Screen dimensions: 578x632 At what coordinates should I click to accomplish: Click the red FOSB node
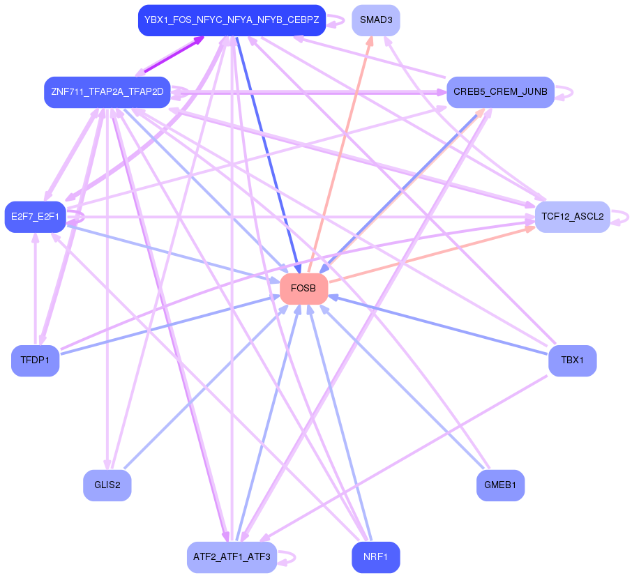point(303,288)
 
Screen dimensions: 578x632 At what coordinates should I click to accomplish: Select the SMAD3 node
point(376,20)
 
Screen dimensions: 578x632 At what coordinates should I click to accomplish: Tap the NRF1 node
point(376,557)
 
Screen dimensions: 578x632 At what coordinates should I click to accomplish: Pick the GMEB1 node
point(500,485)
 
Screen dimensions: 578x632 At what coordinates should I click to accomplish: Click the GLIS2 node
point(107,485)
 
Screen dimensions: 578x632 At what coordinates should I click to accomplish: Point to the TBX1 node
point(573,360)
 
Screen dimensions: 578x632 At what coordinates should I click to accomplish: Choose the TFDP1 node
point(35,360)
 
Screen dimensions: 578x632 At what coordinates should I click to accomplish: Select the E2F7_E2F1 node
point(35,216)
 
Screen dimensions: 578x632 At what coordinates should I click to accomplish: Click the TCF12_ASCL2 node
point(572,216)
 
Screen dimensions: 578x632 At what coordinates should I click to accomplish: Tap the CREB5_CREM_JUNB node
point(500,92)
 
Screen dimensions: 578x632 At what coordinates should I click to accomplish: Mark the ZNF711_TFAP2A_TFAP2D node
point(107,92)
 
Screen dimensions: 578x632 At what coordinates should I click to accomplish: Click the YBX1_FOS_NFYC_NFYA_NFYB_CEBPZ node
point(232,20)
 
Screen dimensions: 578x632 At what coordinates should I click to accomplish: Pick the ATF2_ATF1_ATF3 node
point(232,557)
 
